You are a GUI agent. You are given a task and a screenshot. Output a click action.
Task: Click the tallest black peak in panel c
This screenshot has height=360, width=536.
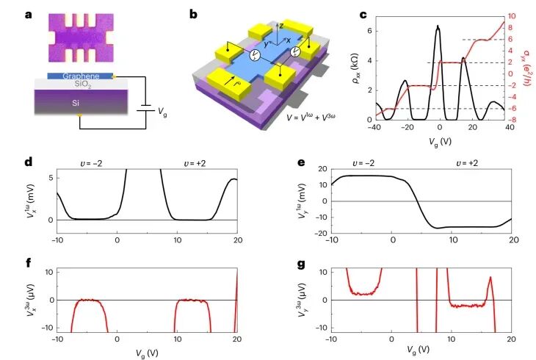point(438,27)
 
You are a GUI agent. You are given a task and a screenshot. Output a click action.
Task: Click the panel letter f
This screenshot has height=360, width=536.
point(28,262)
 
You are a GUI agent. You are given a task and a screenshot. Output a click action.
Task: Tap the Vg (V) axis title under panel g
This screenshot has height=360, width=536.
point(422,353)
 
